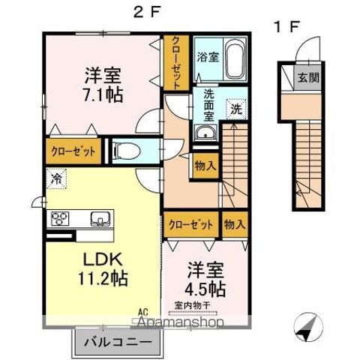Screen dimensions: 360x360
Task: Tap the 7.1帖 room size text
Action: (x=103, y=95)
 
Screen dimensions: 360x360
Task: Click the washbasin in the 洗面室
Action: (x=203, y=133)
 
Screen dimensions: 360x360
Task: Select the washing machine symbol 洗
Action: (x=235, y=108)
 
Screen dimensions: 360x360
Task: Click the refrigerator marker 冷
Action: (x=57, y=178)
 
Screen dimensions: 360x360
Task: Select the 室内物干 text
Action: (x=193, y=304)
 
